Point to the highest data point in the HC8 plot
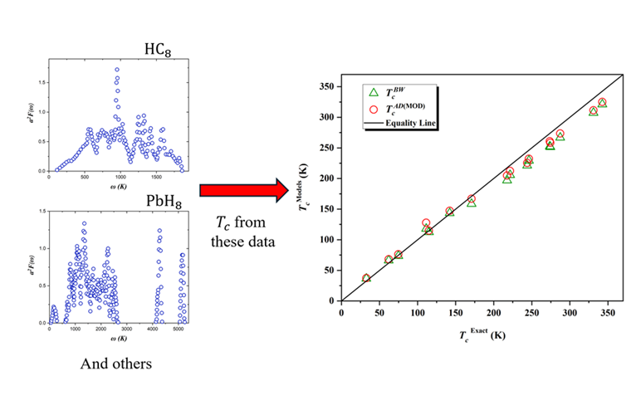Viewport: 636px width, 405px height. (117, 70)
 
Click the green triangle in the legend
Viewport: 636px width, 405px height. (373, 93)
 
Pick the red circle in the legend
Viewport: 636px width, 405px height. (373, 109)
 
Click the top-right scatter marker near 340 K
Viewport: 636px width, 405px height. (602, 103)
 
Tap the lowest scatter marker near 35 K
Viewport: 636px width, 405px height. (366, 278)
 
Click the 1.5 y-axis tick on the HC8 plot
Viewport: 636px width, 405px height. (40, 83)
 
